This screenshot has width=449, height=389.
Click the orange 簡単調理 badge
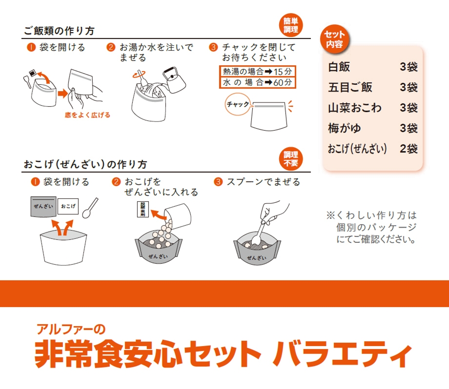point(291,25)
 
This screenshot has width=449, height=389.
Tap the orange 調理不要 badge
point(291,158)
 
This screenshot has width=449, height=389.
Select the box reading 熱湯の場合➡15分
point(257,71)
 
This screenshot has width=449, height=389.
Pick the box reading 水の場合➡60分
point(257,82)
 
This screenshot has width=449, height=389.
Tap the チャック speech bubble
point(238,104)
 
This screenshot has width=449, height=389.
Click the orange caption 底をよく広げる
point(87,116)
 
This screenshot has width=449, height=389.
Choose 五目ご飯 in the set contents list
point(350,87)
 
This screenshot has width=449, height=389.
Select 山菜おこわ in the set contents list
point(355,108)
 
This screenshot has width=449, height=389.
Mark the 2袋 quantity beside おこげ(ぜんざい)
point(408,149)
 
